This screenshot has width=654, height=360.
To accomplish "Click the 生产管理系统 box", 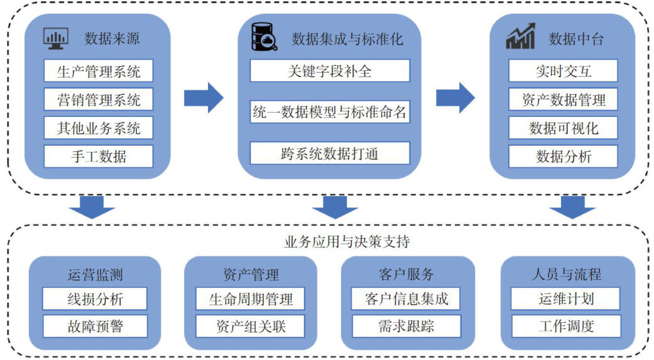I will (99, 70).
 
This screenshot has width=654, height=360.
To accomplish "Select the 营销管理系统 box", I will (99, 99).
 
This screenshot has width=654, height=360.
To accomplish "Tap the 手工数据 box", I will (99, 156).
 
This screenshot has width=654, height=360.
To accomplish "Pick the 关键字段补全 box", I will (330, 70).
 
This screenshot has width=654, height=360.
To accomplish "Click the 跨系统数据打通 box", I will (330, 153).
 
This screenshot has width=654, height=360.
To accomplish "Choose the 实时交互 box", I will (563, 70).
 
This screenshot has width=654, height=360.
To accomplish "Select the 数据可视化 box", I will (563, 128).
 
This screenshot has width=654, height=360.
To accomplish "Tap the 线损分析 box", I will (95, 298).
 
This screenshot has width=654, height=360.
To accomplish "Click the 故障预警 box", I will (95, 326).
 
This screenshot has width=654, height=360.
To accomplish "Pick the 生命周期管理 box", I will (251, 298).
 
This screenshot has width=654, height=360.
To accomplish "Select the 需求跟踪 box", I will (406, 326).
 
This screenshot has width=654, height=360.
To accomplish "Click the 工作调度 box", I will (565, 326).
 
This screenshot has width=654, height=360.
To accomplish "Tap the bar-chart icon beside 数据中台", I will (521, 37).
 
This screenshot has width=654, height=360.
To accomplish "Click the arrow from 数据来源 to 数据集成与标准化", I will (204, 98).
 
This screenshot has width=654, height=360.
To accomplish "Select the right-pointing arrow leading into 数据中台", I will (455, 98).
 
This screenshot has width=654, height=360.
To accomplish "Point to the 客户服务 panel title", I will (406, 275).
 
